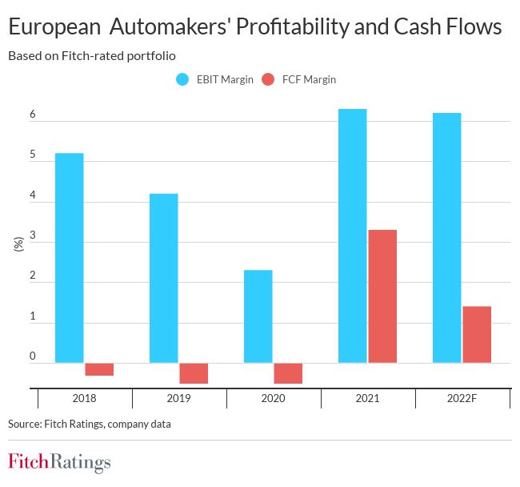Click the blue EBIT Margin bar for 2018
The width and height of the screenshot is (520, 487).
pyautogui.click(x=70, y=258)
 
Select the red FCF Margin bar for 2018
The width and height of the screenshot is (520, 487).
pyautogui.click(x=99, y=369)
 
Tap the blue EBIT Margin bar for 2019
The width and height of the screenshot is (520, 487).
pyautogui.click(x=164, y=278)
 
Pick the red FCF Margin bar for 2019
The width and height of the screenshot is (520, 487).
pyautogui.click(x=194, y=373)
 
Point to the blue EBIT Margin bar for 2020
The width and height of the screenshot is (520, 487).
pyautogui.click(x=258, y=316)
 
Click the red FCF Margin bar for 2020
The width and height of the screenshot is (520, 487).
pyautogui.click(x=288, y=373)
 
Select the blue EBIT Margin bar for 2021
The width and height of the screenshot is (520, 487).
pyautogui.click(x=353, y=235)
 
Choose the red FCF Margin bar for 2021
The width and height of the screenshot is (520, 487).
pyautogui.click(x=382, y=296)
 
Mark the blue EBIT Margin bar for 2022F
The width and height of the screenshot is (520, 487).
pyautogui.click(x=447, y=238)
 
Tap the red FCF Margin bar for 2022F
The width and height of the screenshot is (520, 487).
pyautogui.click(x=477, y=335)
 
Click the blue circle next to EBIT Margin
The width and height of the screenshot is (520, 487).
pyautogui.click(x=182, y=79)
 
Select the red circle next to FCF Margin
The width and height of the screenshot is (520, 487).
pyautogui.click(x=268, y=79)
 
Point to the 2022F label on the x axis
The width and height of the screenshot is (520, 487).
pyautogui.click(x=462, y=398)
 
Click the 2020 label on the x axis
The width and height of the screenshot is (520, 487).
pyautogui.click(x=274, y=398)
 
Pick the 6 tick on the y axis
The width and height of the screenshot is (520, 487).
pyautogui.click(x=33, y=115)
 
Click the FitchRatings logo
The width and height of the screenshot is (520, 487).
pyautogui.click(x=59, y=462)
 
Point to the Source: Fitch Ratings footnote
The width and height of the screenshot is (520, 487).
pyautogui.click(x=90, y=424)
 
